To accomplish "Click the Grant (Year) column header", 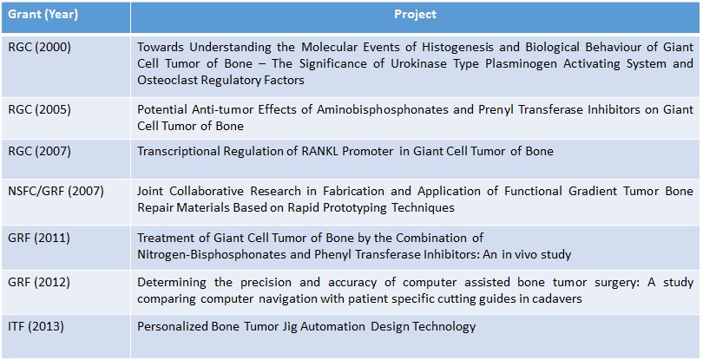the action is [x=43, y=15].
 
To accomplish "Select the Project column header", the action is [x=415, y=15].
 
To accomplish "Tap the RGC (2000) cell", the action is [x=39, y=48].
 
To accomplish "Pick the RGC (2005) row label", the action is [x=39, y=110].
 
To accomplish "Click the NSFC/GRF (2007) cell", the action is [x=56, y=192].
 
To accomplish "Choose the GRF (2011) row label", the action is [x=39, y=238].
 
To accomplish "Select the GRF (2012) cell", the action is [x=39, y=283].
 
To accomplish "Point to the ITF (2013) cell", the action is [x=36, y=326].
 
